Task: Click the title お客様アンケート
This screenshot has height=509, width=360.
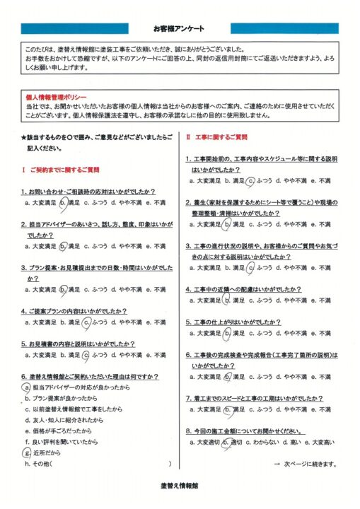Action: [x=179, y=28]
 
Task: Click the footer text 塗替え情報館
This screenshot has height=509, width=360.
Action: [x=179, y=488]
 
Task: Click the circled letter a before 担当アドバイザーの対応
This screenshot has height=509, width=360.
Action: [x=26, y=388]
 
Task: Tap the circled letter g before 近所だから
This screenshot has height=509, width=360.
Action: [x=26, y=452]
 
